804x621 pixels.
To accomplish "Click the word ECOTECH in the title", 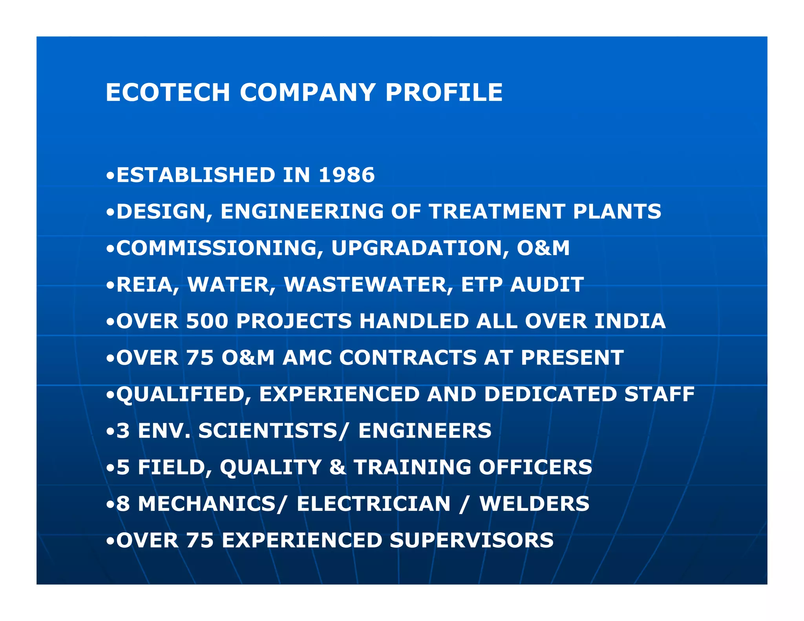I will coord(168,93).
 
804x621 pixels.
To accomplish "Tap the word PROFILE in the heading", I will coord(444,93).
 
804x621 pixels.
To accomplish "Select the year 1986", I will coord(347,175).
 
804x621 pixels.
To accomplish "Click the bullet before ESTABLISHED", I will coord(110,175).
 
